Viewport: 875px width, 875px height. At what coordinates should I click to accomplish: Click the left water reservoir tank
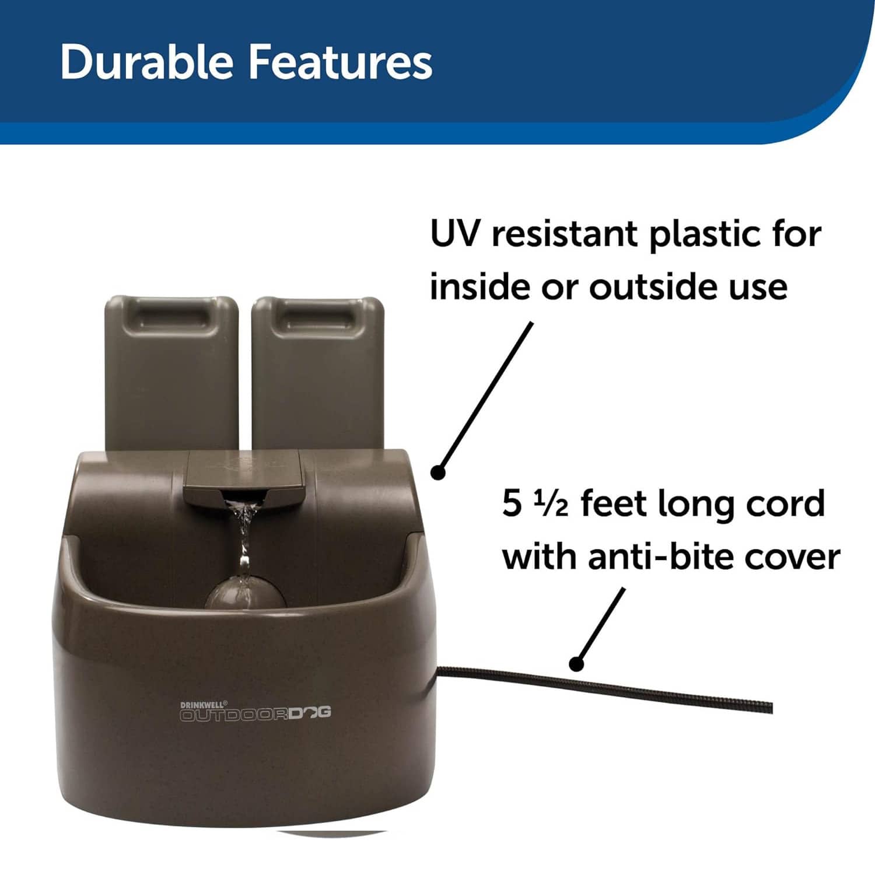click(171, 373)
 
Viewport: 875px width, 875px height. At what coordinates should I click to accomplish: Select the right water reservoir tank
click(317, 373)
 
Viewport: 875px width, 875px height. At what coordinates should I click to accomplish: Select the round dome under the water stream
click(245, 590)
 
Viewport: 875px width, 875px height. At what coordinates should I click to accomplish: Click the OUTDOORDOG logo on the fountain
click(256, 714)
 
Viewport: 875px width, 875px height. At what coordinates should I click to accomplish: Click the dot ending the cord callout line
click(576, 663)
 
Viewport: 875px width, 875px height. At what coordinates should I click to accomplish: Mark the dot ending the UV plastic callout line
click(439, 471)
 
